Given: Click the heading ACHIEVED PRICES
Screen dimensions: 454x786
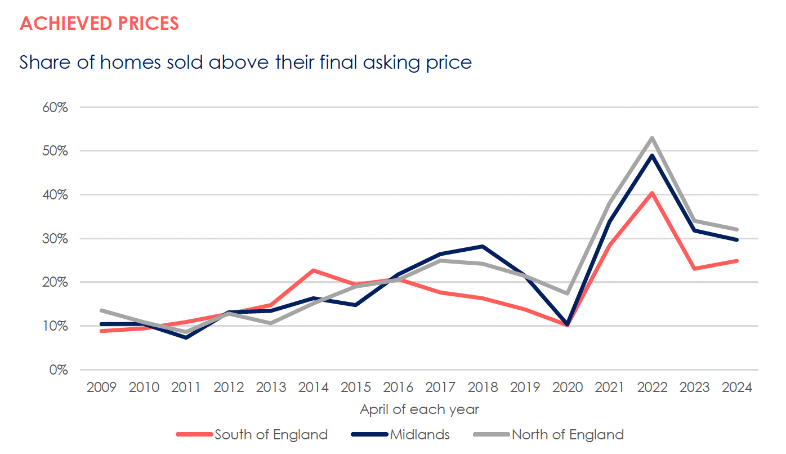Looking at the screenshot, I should tap(99, 24).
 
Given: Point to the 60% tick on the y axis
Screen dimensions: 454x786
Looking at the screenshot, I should tap(55, 107).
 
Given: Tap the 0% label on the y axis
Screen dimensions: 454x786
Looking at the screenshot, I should tap(58, 370).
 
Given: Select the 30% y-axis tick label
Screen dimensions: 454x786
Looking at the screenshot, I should tap(55, 238).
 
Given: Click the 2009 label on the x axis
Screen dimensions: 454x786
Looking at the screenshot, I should tap(101, 388).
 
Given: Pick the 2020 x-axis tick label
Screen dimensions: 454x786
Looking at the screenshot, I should tap(568, 388).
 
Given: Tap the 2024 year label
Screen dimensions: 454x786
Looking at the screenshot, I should tap(737, 388).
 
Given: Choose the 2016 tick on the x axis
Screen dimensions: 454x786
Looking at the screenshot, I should tap(398, 388).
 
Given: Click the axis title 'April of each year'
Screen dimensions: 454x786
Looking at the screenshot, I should tap(419, 409).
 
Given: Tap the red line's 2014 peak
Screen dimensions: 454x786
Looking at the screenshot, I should tap(313, 270).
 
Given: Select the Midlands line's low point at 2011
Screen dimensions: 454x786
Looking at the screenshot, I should tap(186, 337).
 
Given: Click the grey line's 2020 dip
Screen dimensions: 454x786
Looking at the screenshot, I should tap(568, 293).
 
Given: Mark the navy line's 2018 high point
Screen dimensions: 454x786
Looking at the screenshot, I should tap(483, 246).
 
